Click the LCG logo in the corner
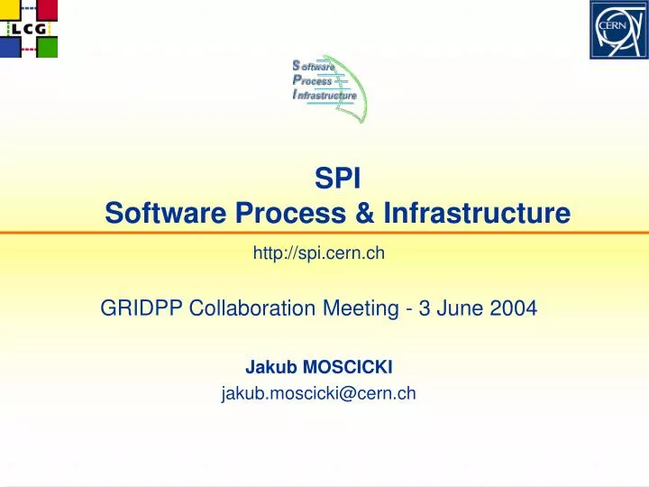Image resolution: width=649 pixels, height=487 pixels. tap(29, 29)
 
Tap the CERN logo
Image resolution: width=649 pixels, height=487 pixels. tap(617, 29)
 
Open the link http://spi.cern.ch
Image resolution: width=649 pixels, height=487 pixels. tap(320, 253)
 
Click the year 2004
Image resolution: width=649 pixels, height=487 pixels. tap(515, 308)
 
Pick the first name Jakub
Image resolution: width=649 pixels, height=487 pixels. tap(267, 367)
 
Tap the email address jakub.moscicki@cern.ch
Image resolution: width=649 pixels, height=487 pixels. tap(318, 392)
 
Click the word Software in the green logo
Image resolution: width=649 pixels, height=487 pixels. tap(315, 66)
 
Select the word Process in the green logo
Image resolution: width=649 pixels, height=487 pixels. tap(313, 80)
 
